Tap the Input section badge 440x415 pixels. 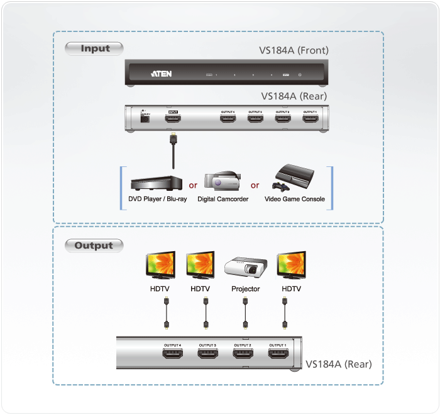click(95, 48)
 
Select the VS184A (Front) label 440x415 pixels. click(294, 51)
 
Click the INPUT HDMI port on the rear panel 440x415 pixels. click(172, 119)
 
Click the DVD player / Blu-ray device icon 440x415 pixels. click(156, 183)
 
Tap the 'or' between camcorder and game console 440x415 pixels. click(255, 185)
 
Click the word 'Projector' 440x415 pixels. click(245, 289)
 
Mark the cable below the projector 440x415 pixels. click(245, 312)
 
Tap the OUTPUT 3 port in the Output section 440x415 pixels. click(207, 355)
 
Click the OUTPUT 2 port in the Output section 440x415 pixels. click(242, 355)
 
